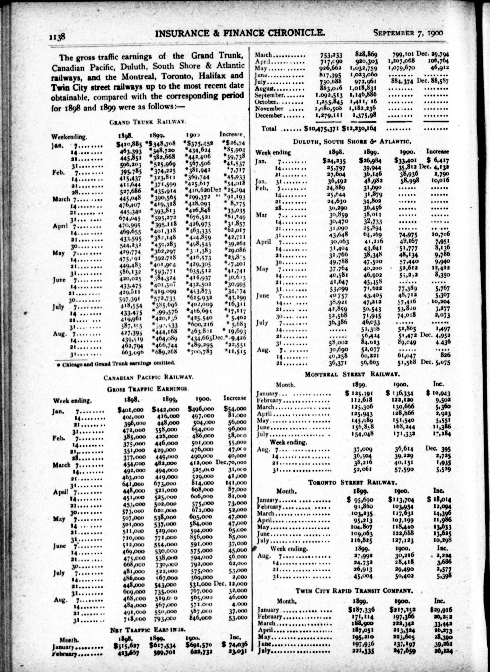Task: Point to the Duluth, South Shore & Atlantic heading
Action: (x=352, y=141)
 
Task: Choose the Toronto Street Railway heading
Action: (x=353, y=482)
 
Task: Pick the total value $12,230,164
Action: (x=359, y=129)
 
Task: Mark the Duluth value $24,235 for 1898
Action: (x=333, y=161)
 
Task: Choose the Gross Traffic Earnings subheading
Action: (x=148, y=389)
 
